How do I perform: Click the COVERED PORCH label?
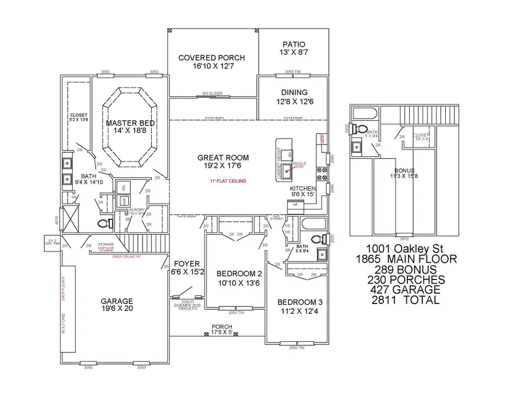click(x=211, y=58)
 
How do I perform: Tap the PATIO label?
click(x=294, y=44)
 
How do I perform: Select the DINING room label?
click(x=294, y=92)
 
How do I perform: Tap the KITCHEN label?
click(x=303, y=188)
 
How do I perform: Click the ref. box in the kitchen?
click(x=296, y=204)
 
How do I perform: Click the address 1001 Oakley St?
click(x=405, y=249)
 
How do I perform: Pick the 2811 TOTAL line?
click(x=405, y=300)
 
